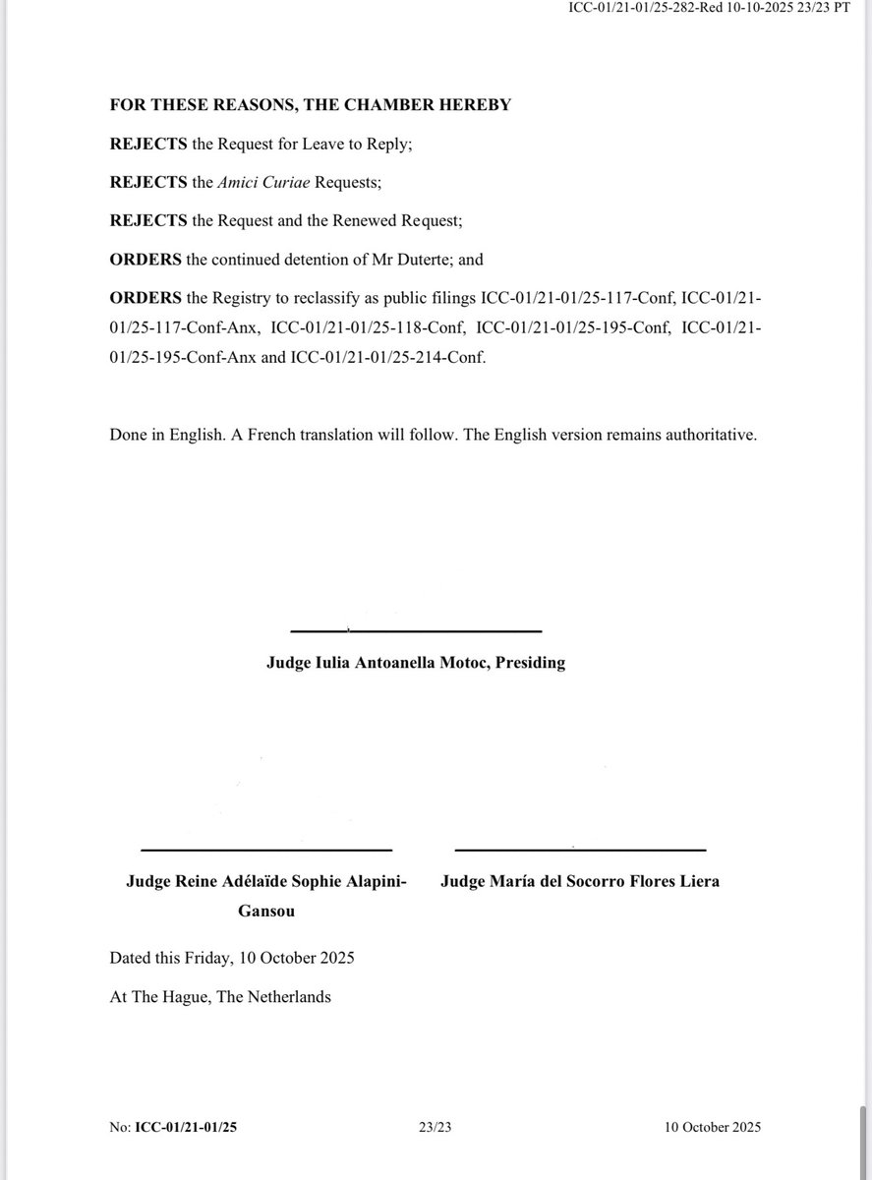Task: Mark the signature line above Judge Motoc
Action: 417,630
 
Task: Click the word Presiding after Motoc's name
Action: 531,663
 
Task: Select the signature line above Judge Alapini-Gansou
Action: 266,849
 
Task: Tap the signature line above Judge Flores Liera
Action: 580,849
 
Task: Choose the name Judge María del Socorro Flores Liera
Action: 580,881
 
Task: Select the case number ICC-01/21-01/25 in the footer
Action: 186,1127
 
